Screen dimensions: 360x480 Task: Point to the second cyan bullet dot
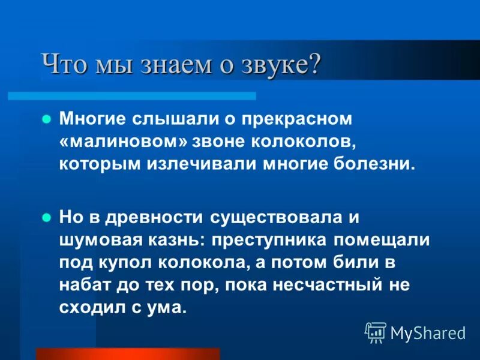pos(46,218)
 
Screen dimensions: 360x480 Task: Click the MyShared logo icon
pos(376,332)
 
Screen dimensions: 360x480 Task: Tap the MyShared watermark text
pos(427,333)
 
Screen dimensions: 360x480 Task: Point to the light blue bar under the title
pos(132,95)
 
